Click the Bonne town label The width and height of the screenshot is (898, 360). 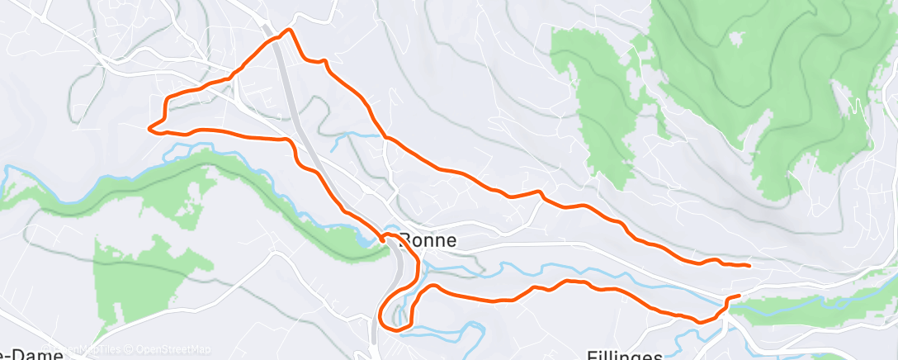[428, 242]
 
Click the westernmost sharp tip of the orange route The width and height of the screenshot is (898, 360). [149, 128]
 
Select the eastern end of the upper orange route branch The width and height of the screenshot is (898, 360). [748, 266]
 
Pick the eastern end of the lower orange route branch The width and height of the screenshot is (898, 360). [738, 296]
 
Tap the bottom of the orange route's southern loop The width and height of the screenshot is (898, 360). [395, 329]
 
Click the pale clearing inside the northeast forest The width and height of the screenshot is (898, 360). [842, 103]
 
